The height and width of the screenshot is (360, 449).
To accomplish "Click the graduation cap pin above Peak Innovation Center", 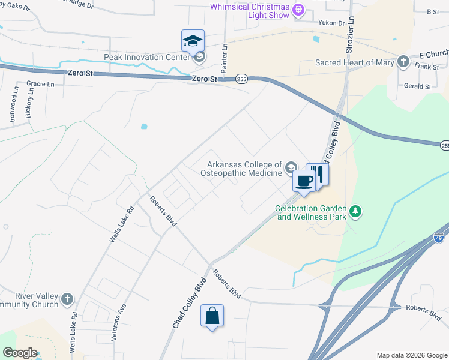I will click(193, 41).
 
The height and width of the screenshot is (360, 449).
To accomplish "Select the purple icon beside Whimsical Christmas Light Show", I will click(298, 10).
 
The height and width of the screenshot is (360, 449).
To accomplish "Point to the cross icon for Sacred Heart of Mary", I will click(403, 62).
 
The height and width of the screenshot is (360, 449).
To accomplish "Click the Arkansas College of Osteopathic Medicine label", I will click(244, 169).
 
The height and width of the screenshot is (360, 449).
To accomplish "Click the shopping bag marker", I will click(212, 316).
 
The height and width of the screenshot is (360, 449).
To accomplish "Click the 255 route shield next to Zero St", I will click(241, 79).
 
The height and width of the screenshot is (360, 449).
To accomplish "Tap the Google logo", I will click(20, 353).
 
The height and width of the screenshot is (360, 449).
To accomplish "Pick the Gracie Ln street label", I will click(40, 84).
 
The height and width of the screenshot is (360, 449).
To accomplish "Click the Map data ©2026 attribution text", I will click(411, 355).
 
